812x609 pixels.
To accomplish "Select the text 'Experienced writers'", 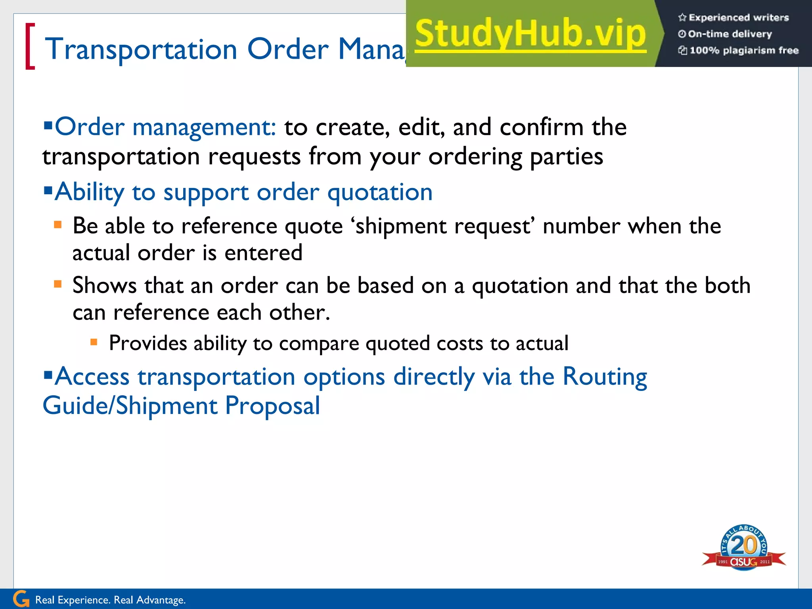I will point(739,17).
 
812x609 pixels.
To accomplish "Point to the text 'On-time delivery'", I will point(730,34).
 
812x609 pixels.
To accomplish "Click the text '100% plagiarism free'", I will point(744,50).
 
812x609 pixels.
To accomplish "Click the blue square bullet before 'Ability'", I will point(48,191).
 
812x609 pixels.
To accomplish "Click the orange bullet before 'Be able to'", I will point(58,225).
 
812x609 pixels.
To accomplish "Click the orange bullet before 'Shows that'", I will point(58,284).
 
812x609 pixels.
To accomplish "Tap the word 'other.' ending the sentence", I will point(299,312).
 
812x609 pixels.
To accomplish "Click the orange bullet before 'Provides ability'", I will point(94,342).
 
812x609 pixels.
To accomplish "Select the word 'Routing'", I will point(605,377).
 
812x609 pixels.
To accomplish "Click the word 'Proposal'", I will point(272,406).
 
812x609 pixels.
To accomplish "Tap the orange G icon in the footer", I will point(21,599).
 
